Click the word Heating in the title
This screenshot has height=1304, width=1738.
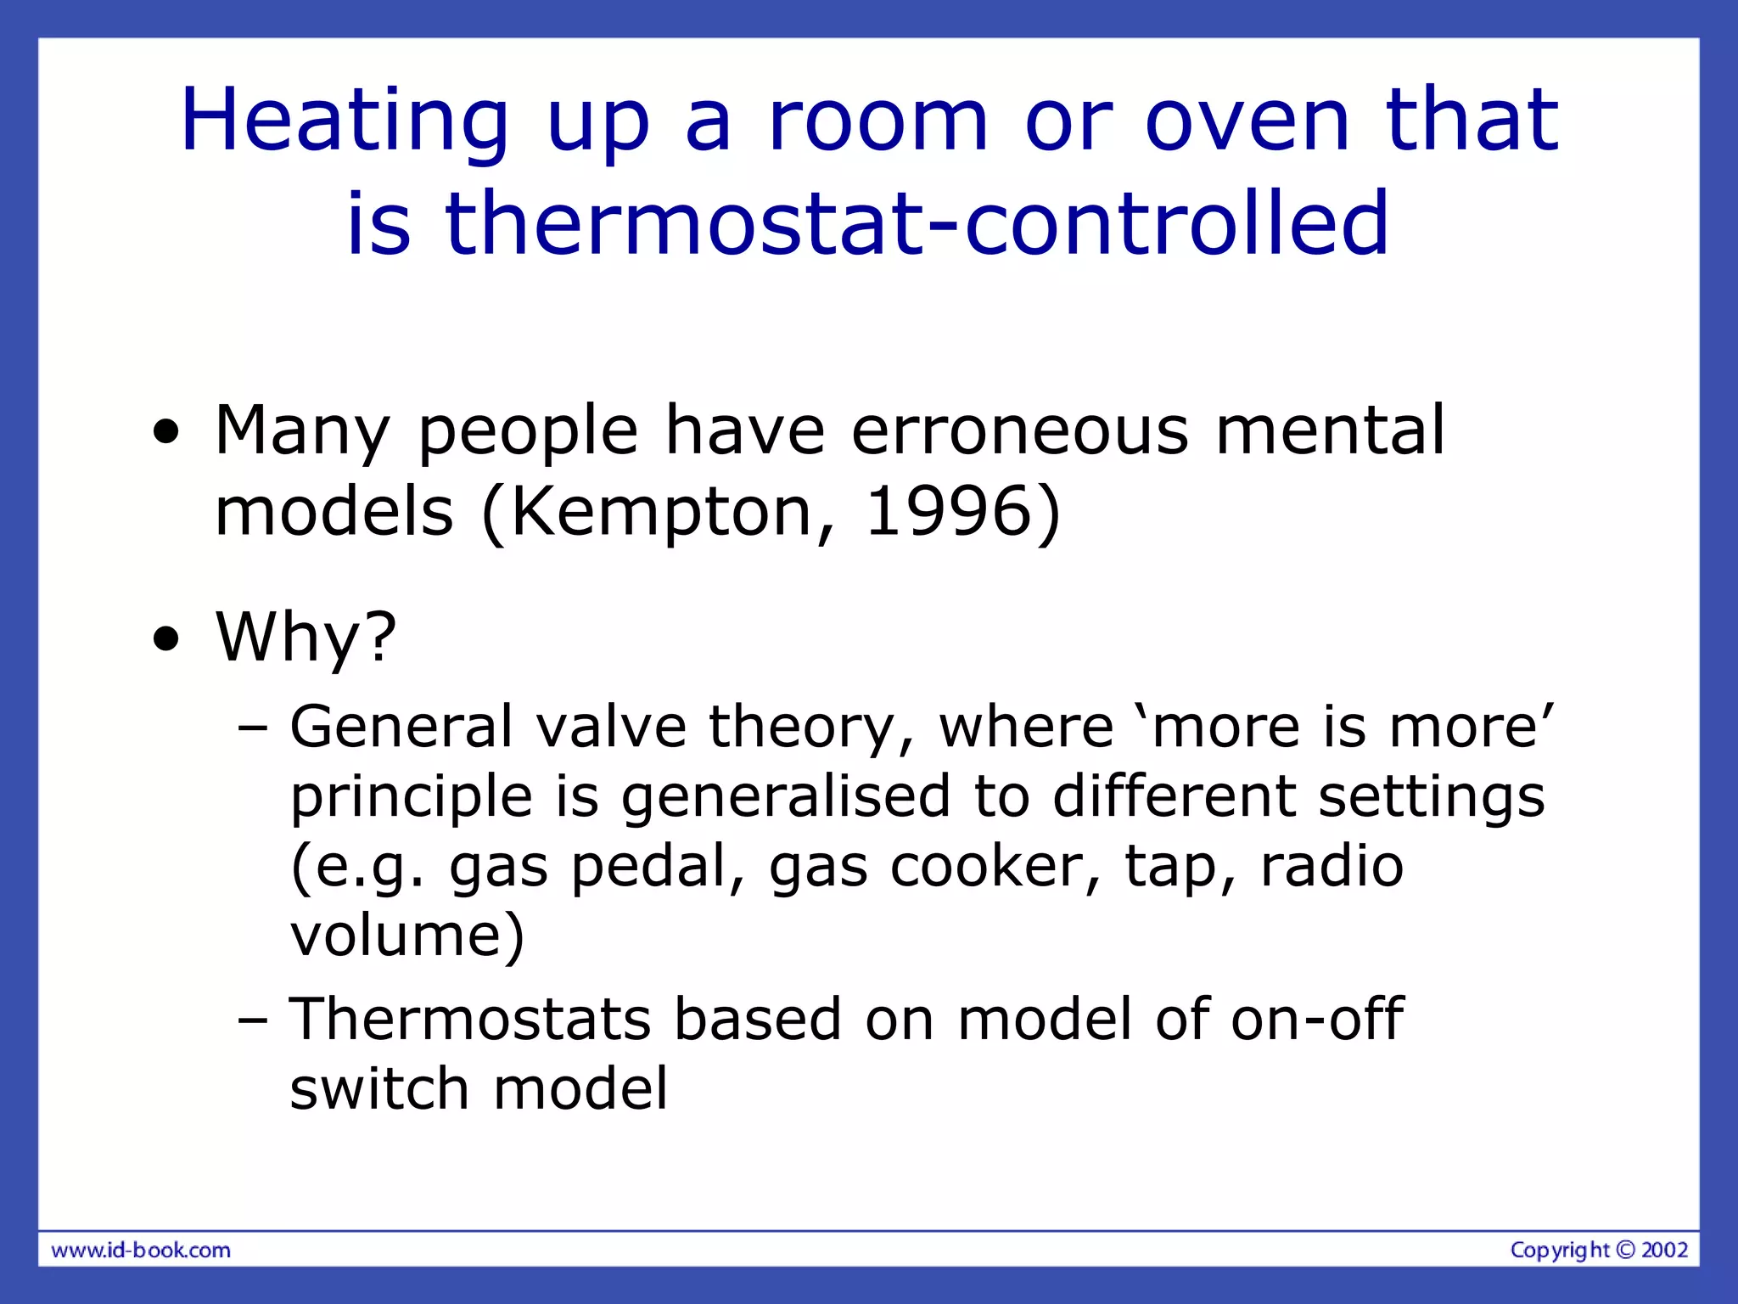click(344, 123)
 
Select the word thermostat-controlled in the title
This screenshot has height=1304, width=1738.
click(917, 224)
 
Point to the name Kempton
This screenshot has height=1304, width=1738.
click(670, 514)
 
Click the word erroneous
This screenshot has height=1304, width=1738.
click(1019, 430)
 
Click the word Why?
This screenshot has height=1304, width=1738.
click(306, 638)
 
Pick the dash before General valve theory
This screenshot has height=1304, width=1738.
click(253, 728)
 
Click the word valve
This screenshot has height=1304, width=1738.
click(610, 728)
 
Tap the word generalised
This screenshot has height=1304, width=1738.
click(785, 798)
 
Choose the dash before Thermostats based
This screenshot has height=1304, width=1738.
click(253, 1020)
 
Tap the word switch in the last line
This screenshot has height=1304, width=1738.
click(378, 1089)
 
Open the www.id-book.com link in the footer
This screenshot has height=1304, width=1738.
click(141, 1251)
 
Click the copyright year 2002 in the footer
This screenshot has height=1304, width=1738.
click(1664, 1251)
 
